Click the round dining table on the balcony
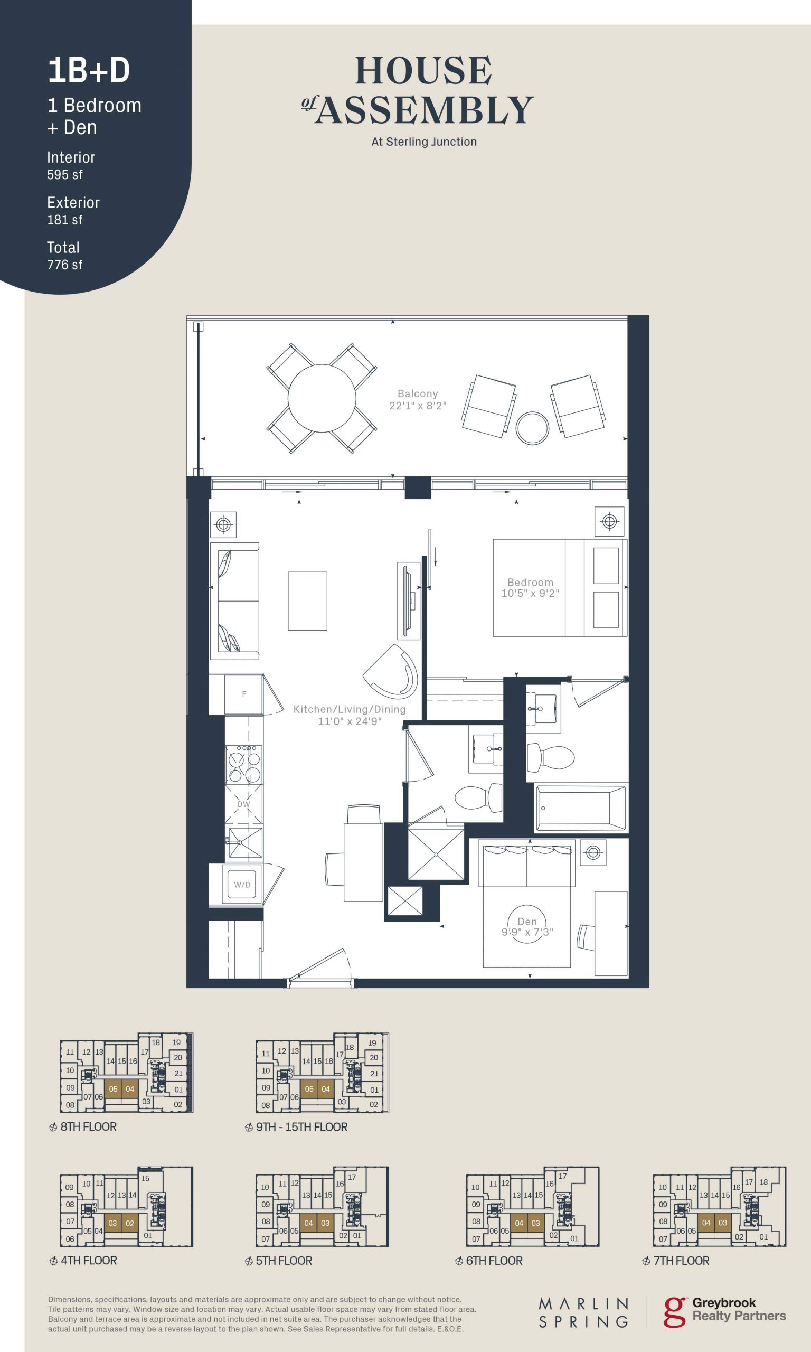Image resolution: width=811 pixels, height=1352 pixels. (322, 398)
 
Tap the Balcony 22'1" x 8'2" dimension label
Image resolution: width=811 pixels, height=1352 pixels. (418, 399)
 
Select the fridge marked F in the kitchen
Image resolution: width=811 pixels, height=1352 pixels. (244, 694)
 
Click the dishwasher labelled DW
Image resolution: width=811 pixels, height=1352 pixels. (244, 805)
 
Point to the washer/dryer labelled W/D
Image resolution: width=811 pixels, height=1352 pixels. (242, 885)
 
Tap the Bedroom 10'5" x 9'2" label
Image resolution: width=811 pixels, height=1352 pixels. (530, 587)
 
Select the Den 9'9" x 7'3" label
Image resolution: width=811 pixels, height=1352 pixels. (527, 927)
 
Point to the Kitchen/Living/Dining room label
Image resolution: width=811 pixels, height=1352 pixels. (350, 715)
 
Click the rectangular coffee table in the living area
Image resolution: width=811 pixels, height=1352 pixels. (308, 600)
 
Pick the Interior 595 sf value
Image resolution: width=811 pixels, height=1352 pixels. (65, 175)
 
